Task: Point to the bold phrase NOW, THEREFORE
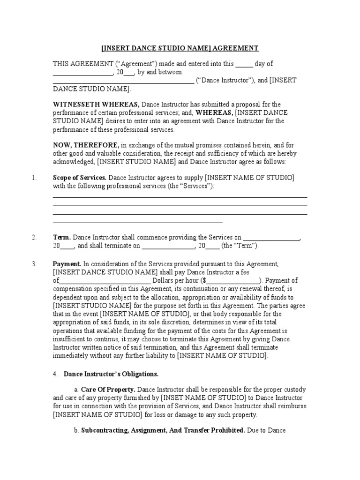coord(86,145)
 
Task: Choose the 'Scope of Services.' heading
coord(80,178)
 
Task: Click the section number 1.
coord(33,178)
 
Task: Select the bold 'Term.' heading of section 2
coord(61,238)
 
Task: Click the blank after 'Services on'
coord(271,238)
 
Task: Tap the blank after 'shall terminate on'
coord(168,246)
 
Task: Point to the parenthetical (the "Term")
coord(240,246)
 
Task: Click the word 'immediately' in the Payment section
coord(70,356)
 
